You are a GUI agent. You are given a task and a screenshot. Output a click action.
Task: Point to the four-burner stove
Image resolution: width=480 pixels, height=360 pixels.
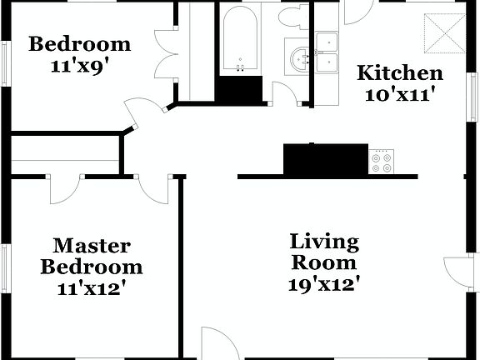tap(381, 162)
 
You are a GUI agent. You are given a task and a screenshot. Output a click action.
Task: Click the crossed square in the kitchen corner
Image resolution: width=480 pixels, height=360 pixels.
tap(442, 32)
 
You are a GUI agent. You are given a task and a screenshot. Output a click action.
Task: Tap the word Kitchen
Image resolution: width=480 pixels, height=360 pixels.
tap(400, 72)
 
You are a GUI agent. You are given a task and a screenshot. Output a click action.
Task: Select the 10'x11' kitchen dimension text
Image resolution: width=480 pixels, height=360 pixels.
tap(402, 94)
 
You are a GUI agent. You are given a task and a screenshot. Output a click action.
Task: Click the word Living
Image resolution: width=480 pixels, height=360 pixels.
tap(324, 242)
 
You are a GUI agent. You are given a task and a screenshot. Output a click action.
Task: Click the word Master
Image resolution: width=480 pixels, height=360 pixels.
tap(92, 246)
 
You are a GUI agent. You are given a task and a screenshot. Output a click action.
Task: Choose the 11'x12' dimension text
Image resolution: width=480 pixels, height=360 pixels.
tap(92, 289)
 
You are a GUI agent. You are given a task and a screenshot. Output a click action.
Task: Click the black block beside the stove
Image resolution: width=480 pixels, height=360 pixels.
tap(325, 158)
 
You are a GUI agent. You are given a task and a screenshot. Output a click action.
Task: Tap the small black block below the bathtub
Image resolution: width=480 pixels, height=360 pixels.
tap(240, 88)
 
